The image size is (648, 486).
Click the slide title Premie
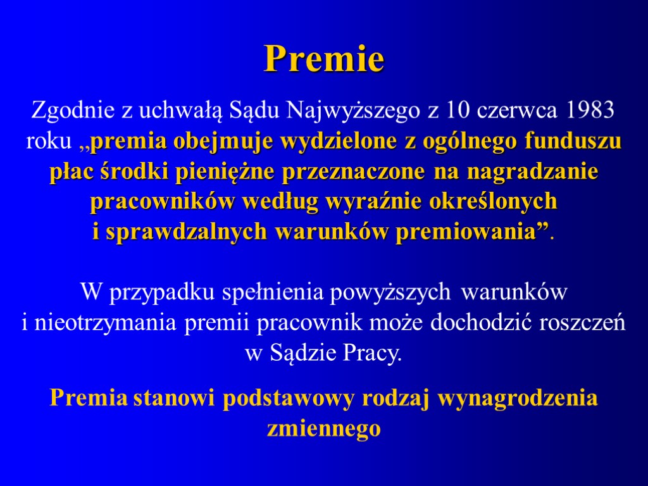(324, 59)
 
